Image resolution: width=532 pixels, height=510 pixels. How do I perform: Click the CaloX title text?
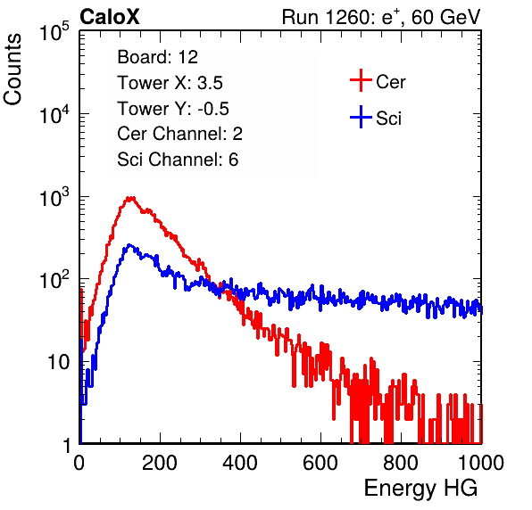coord(109,17)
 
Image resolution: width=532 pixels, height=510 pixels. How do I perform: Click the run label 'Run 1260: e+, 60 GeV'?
coord(381,17)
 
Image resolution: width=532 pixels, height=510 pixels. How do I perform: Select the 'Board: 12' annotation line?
coord(157,57)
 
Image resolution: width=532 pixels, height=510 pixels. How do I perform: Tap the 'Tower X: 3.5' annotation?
coord(170,83)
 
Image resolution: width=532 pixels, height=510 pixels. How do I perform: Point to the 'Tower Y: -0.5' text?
coord(173,109)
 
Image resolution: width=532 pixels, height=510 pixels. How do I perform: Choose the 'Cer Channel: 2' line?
coord(179,134)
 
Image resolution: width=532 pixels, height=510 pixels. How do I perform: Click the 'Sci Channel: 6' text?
coord(178,160)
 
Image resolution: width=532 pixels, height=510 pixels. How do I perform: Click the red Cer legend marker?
coord(361,80)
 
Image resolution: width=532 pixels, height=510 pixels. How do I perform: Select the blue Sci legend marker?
coord(361,117)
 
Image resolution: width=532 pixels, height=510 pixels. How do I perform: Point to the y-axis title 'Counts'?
coord(12,69)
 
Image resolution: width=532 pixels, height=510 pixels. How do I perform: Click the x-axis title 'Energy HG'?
coord(420,489)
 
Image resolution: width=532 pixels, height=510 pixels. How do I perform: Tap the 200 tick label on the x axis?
coord(160,463)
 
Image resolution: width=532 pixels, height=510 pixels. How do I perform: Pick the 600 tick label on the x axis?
coord(320,463)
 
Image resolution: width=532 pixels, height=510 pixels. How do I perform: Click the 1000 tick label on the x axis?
coord(481,463)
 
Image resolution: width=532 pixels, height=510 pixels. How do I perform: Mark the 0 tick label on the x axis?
coord(79,463)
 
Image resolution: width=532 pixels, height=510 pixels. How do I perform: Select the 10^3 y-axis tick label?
coord(54,197)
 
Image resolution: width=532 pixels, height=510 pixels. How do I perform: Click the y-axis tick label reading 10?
coord(59,363)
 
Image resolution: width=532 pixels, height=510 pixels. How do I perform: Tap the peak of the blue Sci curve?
coord(129,245)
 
